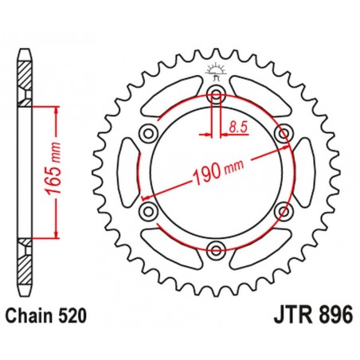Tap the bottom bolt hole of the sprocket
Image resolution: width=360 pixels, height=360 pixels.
pos(216,251)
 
